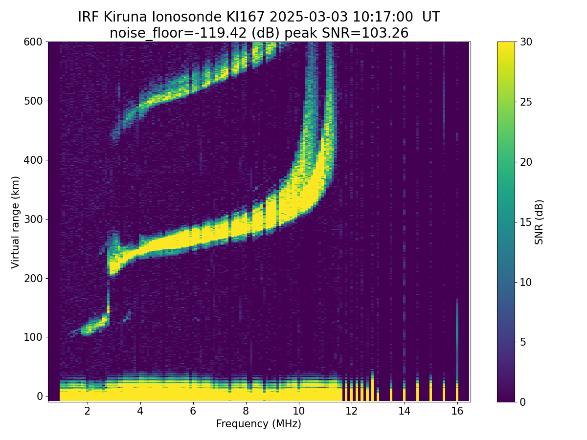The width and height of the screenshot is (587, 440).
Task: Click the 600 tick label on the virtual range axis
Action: (33, 42)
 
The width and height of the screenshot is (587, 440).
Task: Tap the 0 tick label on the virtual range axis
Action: (39, 396)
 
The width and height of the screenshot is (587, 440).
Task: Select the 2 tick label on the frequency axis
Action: (87, 411)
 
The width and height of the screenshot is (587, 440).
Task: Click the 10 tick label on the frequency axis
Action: (298, 411)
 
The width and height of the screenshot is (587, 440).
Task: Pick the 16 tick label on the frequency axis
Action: (457, 411)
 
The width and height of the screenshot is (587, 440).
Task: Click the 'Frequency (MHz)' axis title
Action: (259, 424)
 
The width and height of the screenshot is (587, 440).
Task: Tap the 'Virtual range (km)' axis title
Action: (15, 222)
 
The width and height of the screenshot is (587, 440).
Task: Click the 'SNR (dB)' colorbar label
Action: (539, 222)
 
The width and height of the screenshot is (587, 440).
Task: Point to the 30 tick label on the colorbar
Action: (526, 42)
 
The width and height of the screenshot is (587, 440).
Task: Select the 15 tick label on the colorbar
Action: (526, 222)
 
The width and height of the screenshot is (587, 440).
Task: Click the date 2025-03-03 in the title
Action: (309, 17)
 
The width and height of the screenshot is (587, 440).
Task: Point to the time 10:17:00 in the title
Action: (383, 17)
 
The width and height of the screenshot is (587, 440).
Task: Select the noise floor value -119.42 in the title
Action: (223, 33)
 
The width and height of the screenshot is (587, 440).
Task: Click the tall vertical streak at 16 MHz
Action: (457, 339)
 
